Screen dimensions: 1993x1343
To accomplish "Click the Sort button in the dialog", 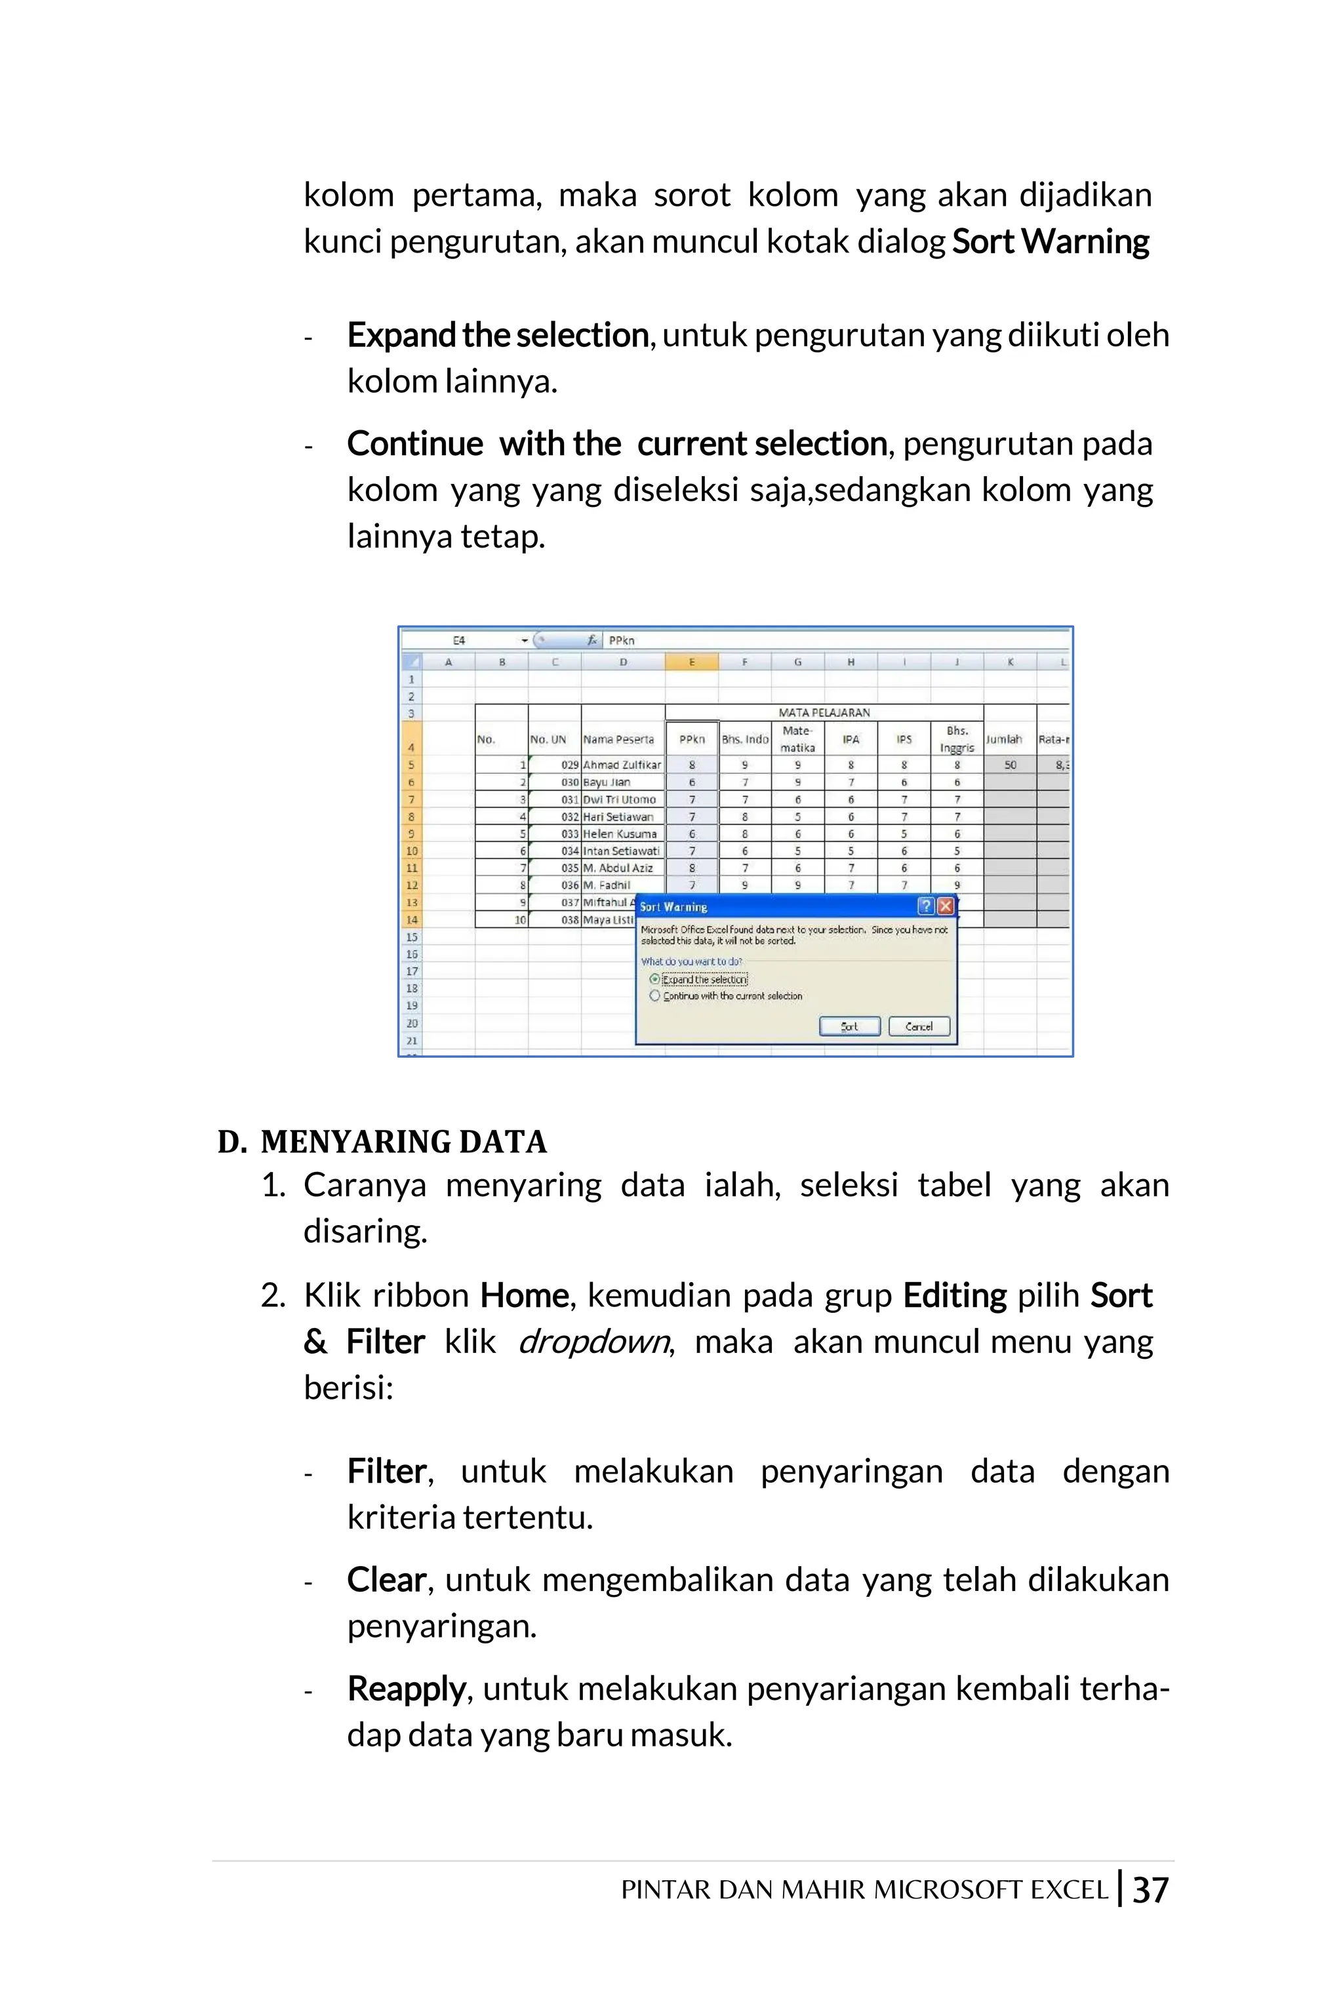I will (849, 1026).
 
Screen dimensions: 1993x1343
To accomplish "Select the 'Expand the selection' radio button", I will (655, 979).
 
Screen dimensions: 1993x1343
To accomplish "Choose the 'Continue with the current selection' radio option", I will (655, 996).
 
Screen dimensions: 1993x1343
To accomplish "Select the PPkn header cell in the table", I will (691, 739).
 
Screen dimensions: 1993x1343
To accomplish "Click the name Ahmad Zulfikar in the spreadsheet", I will (622, 765).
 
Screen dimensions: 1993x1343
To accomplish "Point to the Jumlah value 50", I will (1010, 765).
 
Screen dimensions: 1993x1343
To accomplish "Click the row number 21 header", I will (412, 1041).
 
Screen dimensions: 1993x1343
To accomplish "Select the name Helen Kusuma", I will (620, 834).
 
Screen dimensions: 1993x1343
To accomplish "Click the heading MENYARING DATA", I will (403, 1142).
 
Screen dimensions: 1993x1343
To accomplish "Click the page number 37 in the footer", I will (1150, 1889).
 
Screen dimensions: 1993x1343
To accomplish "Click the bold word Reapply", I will (406, 1689).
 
